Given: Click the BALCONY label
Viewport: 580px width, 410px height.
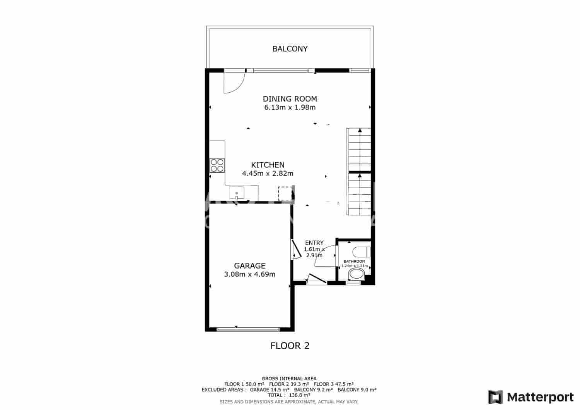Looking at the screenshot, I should [290, 49].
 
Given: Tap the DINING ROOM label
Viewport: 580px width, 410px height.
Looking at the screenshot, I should [290, 99].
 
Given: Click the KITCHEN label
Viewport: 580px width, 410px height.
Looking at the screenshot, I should [268, 165].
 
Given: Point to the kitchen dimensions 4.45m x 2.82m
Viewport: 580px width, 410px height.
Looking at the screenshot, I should [268, 174].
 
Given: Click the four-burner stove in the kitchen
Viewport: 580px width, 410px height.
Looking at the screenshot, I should [217, 165].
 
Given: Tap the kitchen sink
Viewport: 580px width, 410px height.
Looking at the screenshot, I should [237, 193].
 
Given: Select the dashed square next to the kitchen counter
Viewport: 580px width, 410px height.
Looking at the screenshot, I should [285, 193].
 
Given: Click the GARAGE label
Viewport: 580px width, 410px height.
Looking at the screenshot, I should [250, 266].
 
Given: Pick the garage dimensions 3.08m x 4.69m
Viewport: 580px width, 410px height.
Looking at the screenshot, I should [250, 274].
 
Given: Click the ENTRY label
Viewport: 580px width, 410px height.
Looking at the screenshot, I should [314, 243].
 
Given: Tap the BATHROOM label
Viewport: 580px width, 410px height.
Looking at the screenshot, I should [355, 262].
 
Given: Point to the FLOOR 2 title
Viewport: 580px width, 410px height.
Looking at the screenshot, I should [290, 346].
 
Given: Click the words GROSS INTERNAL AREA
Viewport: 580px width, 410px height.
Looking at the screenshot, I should [289, 379].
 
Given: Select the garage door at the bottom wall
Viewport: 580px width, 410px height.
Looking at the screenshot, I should [248, 330].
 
